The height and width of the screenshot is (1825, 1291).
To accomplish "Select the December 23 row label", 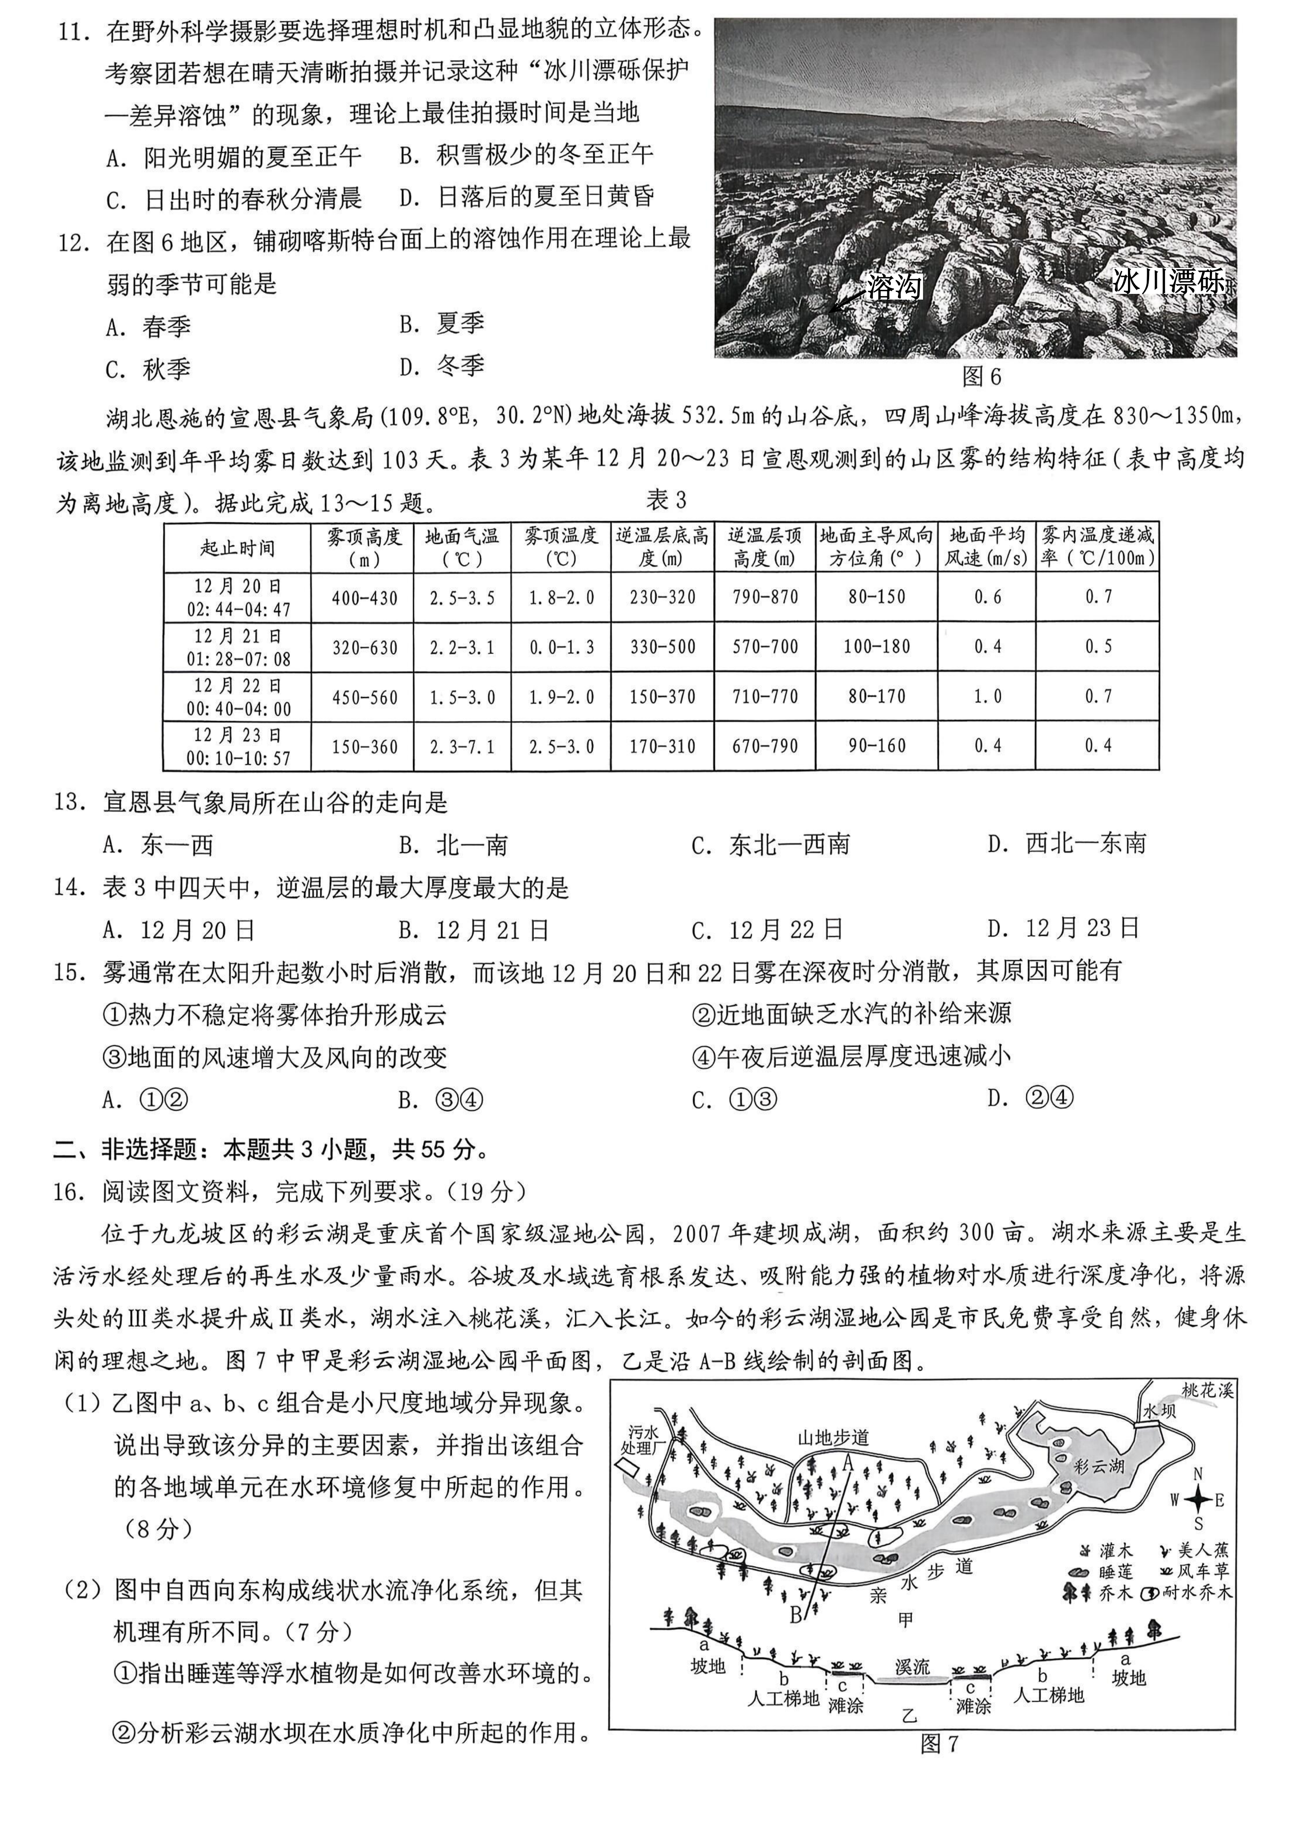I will click(x=238, y=746).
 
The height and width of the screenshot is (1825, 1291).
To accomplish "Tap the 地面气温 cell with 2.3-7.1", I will click(x=462, y=746).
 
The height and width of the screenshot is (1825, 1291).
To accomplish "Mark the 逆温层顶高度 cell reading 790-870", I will click(x=765, y=597).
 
